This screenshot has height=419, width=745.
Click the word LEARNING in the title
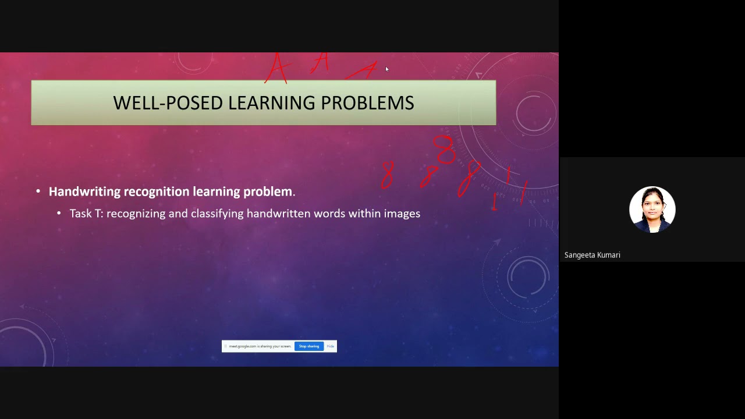[271, 103]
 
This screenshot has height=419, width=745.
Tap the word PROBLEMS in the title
[367, 103]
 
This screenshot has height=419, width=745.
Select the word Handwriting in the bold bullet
[84, 191]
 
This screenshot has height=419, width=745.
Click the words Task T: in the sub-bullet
[86, 214]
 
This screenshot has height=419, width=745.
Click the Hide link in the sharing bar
[331, 346]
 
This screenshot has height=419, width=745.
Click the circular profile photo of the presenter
[652, 209]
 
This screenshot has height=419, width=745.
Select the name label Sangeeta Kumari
[592, 255]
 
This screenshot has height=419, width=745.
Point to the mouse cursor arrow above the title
[386, 69]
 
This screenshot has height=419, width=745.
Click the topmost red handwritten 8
[445, 150]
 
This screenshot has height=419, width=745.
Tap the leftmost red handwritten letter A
[278, 69]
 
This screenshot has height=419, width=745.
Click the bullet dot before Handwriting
[38, 191]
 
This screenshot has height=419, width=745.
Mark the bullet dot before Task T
[59, 214]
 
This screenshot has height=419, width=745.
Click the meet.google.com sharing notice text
[260, 346]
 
